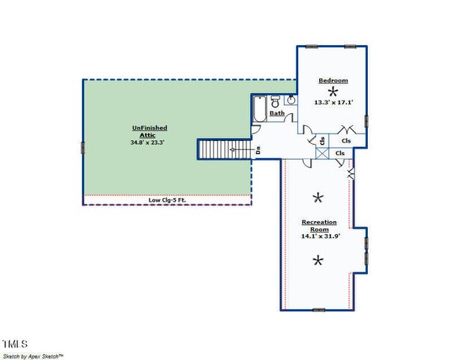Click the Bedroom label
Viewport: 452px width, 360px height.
(x=333, y=80)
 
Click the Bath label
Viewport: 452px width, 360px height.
(x=277, y=114)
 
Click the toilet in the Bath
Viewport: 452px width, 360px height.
(x=275, y=100)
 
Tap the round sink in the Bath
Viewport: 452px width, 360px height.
(x=290, y=101)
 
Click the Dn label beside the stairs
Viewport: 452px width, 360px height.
(x=258, y=149)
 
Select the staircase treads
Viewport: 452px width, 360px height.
(x=218, y=149)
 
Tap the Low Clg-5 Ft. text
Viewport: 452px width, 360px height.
(x=167, y=199)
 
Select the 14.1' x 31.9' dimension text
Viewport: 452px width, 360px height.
(x=319, y=236)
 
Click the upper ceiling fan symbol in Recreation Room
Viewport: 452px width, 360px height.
(x=318, y=197)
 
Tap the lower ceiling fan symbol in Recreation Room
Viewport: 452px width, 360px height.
(x=318, y=260)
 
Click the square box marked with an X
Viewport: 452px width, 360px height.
(x=322, y=153)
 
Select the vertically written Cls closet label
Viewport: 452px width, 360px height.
(x=322, y=139)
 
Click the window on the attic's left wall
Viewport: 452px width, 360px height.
(x=81, y=142)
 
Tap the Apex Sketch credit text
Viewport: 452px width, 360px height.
(x=33, y=355)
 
